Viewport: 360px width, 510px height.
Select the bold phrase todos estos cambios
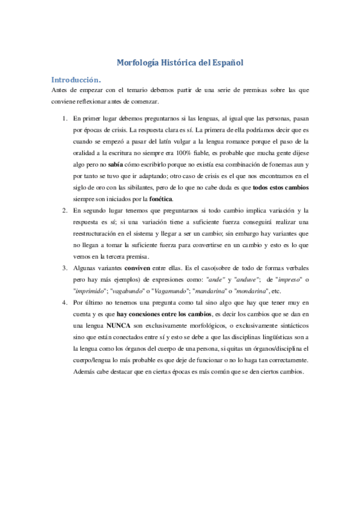pyautogui.click(x=281, y=187)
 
